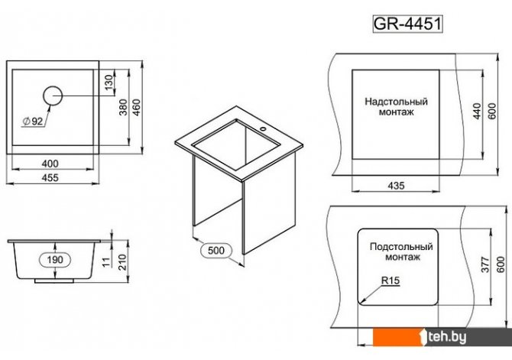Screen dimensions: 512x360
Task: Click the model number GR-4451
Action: [407, 24]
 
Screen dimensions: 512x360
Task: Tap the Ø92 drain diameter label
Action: [33, 122]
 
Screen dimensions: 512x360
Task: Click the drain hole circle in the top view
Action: [53, 96]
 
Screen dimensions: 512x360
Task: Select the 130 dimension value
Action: [109, 81]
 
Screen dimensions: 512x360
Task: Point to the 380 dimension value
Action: [123, 107]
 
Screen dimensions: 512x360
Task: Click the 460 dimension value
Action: [137, 107]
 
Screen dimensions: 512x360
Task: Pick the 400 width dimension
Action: [50, 164]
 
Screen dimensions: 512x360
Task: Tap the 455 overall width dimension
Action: [50, 178]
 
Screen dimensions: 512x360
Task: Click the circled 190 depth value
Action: [55, 260]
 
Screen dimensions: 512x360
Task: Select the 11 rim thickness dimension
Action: [106, 262]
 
